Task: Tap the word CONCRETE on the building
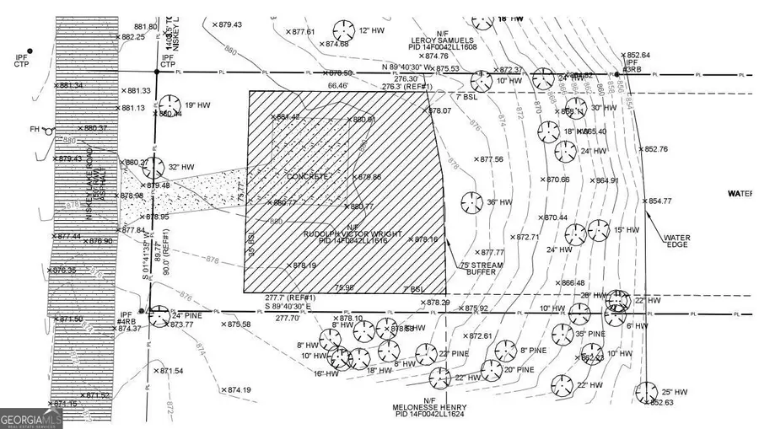(307, 177)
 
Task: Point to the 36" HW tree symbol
(471, 202)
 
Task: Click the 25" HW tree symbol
(647, 392)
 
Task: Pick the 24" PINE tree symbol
(158, 316)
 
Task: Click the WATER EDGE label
(676, 242)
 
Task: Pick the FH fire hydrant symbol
(50, 131)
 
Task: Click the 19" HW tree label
(196, 105)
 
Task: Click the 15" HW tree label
(627, 230)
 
